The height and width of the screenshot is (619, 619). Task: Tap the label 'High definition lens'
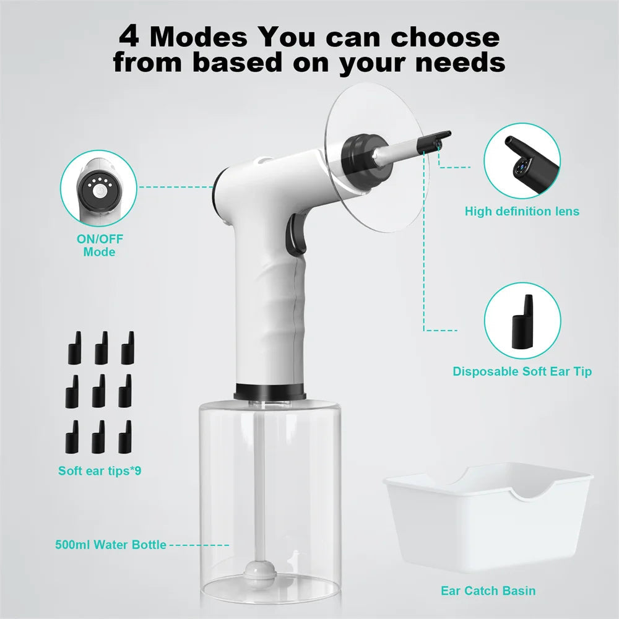pos(522,211)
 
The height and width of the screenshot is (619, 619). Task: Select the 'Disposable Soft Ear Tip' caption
pos(522,371)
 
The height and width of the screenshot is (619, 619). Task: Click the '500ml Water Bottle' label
pos(110,545)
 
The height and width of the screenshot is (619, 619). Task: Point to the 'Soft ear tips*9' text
pos(100,470)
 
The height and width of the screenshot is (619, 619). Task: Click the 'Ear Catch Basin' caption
pos(488,591)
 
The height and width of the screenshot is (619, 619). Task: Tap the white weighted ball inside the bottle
pos(259,570)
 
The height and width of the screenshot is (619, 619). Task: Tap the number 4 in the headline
pos(129,37)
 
